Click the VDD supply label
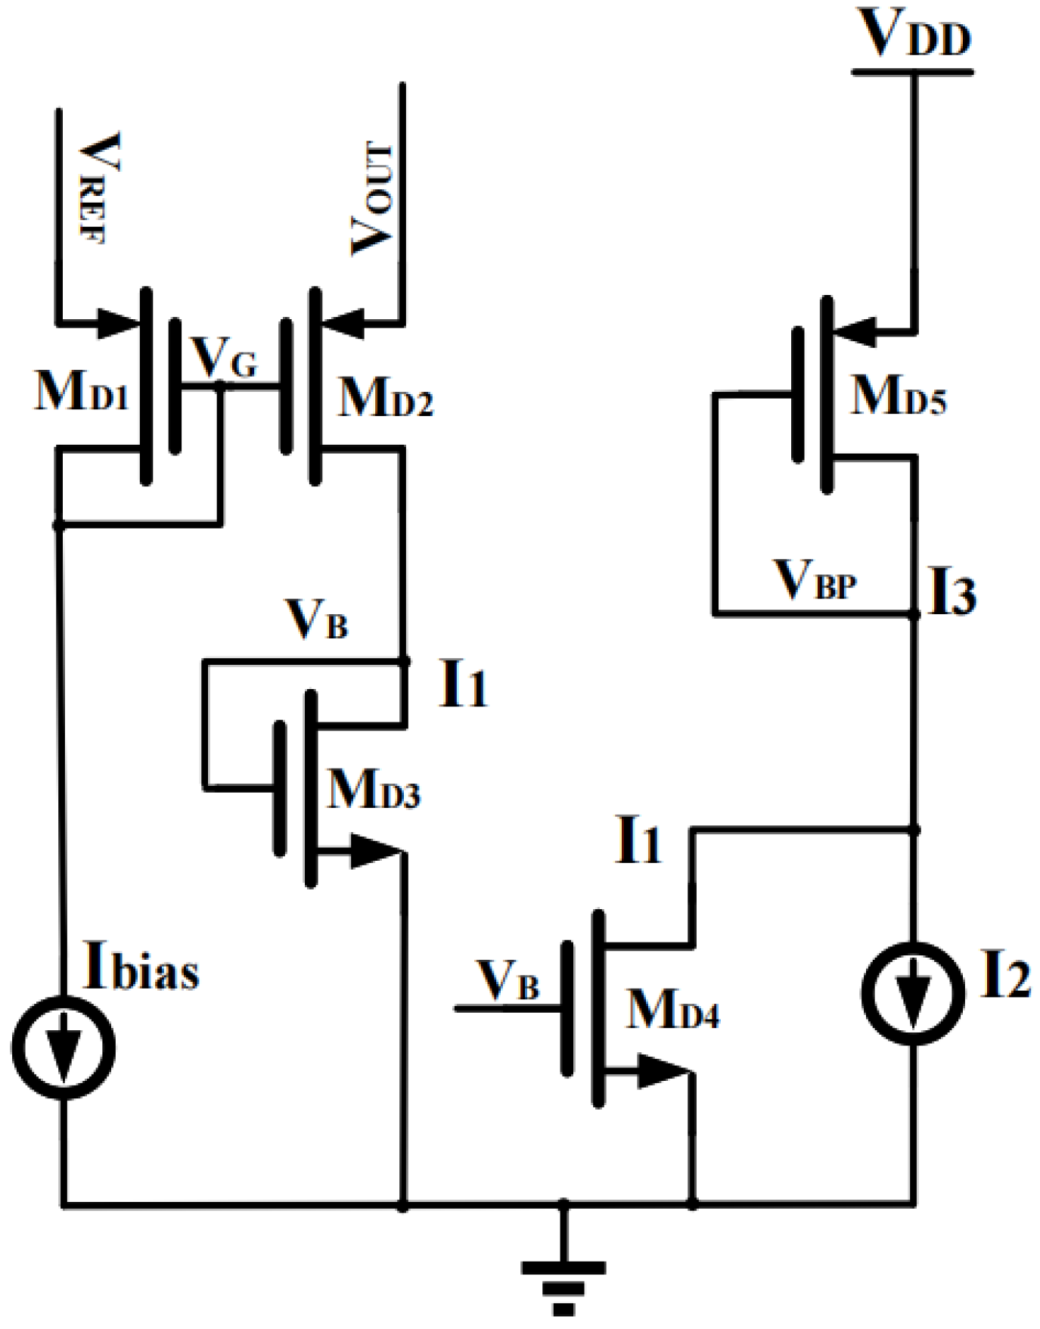[915, 34]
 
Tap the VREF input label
[100, 188]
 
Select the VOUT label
[373, 199]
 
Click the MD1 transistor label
[82, 391]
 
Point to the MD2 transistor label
[386, 397]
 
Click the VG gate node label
[225, 357]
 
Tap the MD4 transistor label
[672, 1008]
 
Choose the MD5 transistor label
[898, 396]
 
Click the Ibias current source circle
[63, 1048]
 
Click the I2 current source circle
[914, 992]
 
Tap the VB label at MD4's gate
[509, 981]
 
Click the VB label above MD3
[317, 620]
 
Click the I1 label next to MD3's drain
[463, 686]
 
